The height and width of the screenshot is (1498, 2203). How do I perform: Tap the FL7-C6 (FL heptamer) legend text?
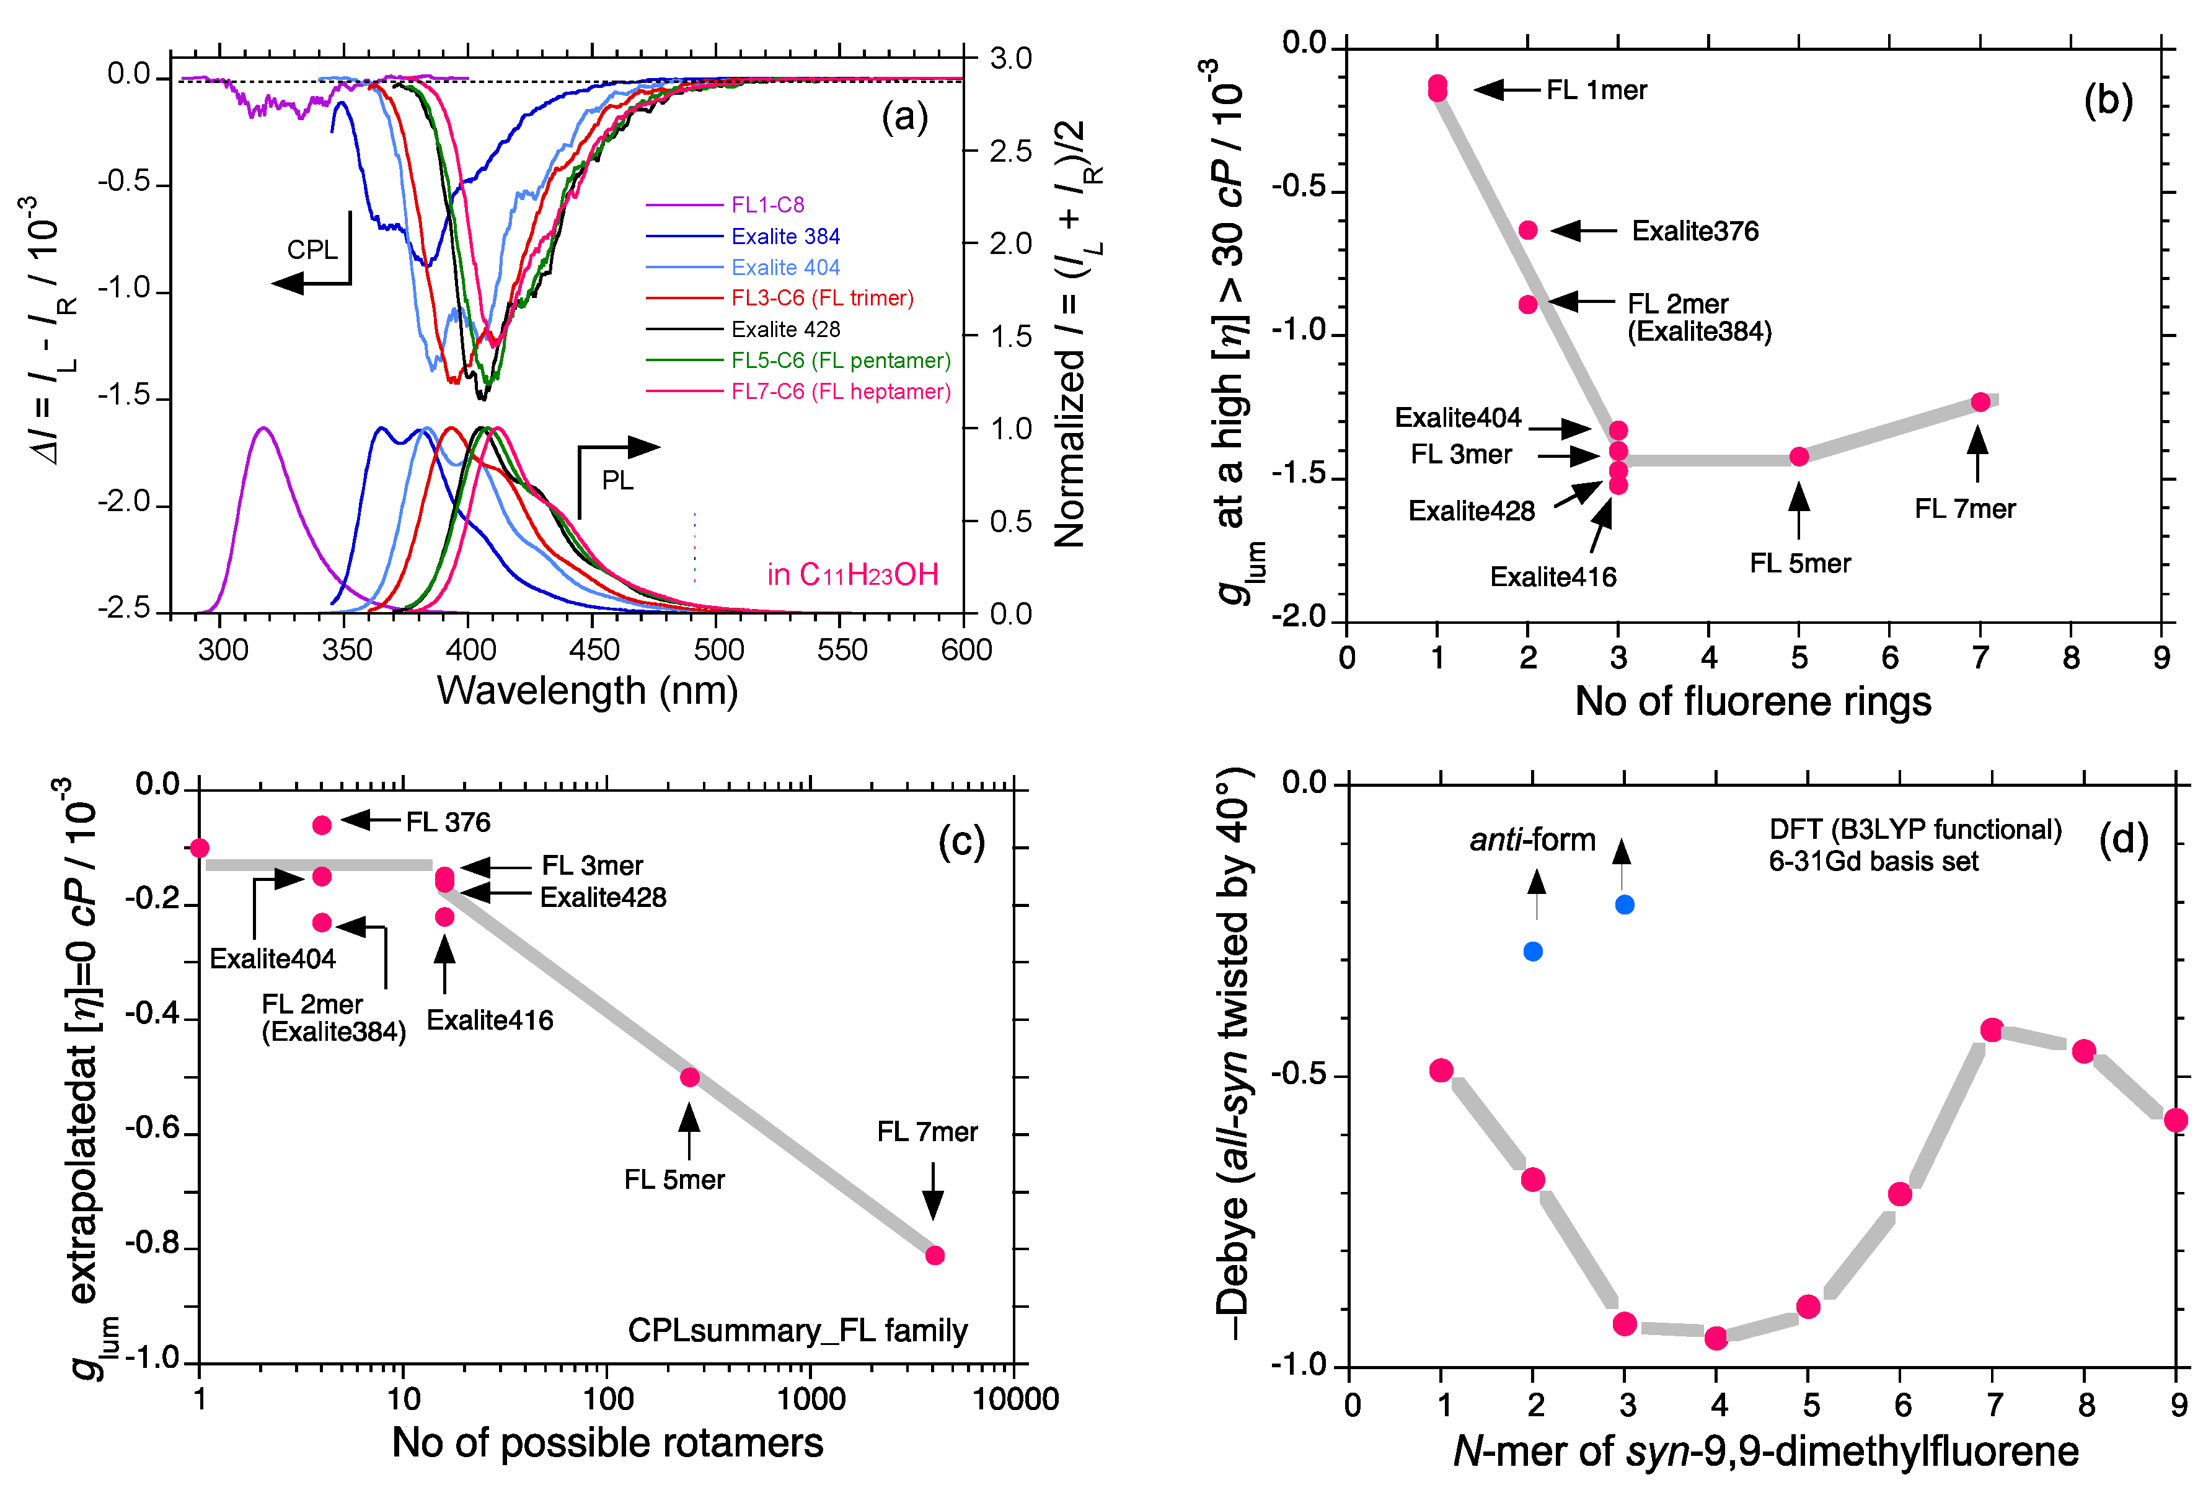(x=840, y=392)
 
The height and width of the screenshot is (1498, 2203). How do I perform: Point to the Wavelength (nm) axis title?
(x=587, y=691)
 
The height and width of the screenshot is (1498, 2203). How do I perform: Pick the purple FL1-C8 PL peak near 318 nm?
(x=263, y=429)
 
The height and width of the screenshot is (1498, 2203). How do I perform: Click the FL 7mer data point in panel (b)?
(x=1980, y=401)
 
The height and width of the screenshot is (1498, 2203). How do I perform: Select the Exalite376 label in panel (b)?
(x=1694, y=231)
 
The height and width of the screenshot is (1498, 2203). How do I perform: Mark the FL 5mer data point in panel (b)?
(x=1798, y=457)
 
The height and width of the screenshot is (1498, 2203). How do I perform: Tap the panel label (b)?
(x=2108, y=100)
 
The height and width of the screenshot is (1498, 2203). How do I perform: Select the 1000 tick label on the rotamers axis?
(x=811, y=1399)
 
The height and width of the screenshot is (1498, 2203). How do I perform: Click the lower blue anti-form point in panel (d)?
(x=1533, y=952)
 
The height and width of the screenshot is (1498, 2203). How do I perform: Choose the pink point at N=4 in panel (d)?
(x=1716, y=1338)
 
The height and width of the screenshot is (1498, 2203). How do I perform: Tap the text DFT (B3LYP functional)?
(x=1915, y=830)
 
